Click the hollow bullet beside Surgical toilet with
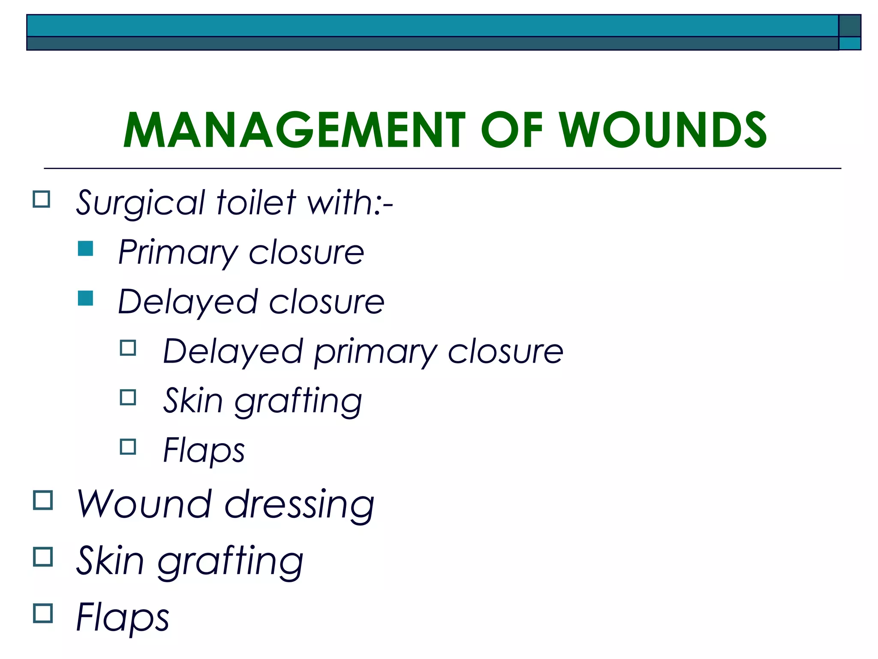42,200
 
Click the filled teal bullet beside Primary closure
86,248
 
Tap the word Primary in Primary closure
177,253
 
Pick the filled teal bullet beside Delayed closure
86,298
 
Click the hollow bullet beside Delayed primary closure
128,348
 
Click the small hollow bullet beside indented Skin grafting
128,397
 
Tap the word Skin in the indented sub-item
193,401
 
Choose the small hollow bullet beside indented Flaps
128,447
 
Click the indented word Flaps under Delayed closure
204,450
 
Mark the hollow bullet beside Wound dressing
43,500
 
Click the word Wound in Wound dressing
144,504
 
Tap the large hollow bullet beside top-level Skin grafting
43,557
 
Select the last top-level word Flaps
123,618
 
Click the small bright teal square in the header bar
850,43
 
